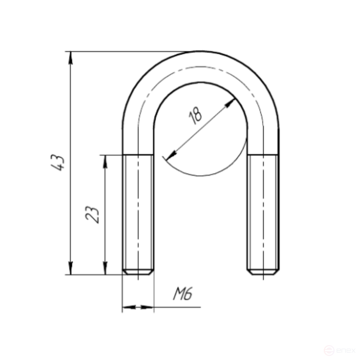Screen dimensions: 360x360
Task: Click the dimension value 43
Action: [x=57, y=163]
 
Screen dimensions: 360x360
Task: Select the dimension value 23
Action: [x=93, y=214]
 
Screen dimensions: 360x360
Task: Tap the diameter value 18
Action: [x=195, y=115]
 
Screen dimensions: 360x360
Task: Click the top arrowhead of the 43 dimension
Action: [x=71, y=58]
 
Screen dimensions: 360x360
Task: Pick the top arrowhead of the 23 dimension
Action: [x=105, y=162]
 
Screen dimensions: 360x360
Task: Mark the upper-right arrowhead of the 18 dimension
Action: [x=230, y=103]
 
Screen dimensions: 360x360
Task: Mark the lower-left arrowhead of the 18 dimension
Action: [x=171, y=155]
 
